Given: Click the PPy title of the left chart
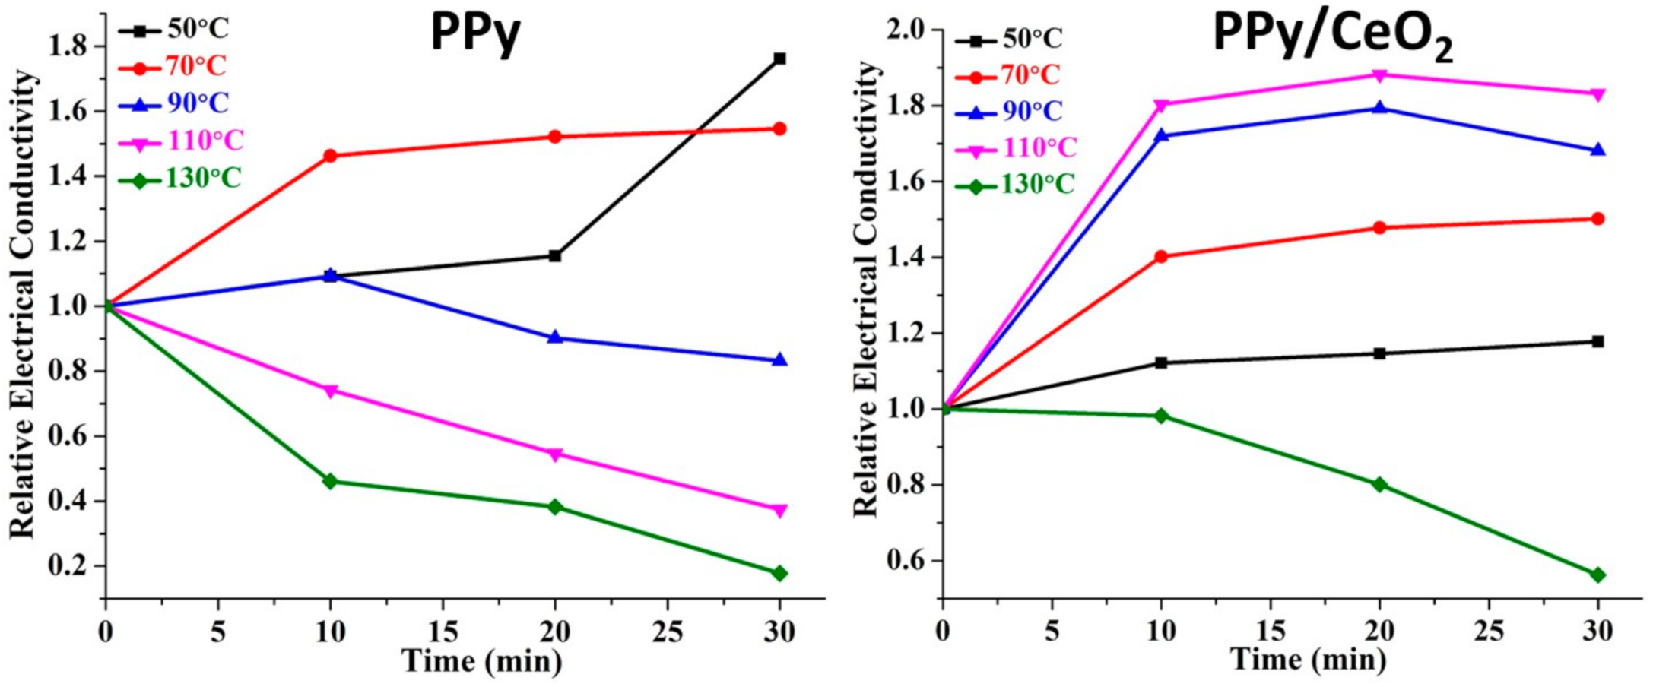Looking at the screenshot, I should tap(475, 34).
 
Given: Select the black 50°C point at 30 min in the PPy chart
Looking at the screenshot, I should tap(779, 59).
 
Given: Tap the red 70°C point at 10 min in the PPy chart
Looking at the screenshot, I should tap(330, 156).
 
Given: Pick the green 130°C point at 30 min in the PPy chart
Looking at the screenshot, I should tap(779, 573).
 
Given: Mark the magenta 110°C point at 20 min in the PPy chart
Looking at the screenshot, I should tap(555, 454).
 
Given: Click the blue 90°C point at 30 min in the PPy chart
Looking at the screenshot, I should tap(779, 360).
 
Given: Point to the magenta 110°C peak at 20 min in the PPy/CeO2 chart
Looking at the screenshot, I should tap(1379, 74).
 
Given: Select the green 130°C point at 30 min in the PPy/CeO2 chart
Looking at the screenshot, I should tap(1597, 575).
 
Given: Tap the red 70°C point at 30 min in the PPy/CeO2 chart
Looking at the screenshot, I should tap(1597, 219).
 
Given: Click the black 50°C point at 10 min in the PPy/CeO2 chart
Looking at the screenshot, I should tap(1161, 362).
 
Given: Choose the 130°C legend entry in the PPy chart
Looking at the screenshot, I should tap(181, 179).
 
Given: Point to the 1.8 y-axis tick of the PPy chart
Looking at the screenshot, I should tap(67, 47).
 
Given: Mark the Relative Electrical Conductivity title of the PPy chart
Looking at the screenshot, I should tap(23, 304).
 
